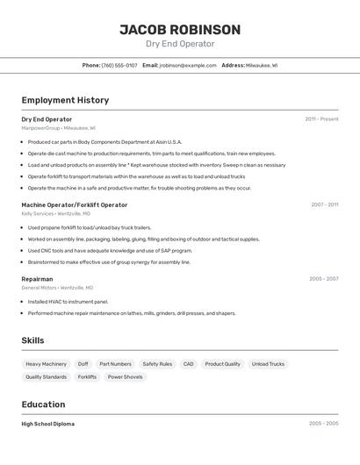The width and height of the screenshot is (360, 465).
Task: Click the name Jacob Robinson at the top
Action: [180, 30]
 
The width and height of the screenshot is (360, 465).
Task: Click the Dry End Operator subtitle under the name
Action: [180, 44]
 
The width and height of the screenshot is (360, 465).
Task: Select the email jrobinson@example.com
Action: [188, 65]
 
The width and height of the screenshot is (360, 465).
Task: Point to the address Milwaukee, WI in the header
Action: [262, 65]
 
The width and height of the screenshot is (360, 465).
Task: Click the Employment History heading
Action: [65, 100]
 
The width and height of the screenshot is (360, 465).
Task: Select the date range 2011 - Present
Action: [321, 119]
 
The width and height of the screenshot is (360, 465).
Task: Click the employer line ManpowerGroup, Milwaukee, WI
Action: [58, 128]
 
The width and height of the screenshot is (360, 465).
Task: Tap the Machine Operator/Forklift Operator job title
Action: [74, 204]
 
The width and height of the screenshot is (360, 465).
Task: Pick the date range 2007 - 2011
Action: [324, 204]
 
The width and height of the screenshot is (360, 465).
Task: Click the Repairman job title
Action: [37, 279]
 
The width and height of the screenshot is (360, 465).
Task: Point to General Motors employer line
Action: [57, 288]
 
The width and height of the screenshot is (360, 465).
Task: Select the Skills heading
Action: [33, 340]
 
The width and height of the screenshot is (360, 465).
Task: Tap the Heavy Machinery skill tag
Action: [46, 364]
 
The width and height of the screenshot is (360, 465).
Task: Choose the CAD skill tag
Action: [188, 364]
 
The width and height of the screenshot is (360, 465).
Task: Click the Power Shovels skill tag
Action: [125, 377]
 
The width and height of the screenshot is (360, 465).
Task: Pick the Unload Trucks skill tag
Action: [268, 364]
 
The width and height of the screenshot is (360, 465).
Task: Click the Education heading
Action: [43, 404]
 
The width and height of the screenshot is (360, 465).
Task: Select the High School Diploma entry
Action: [47, 424]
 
